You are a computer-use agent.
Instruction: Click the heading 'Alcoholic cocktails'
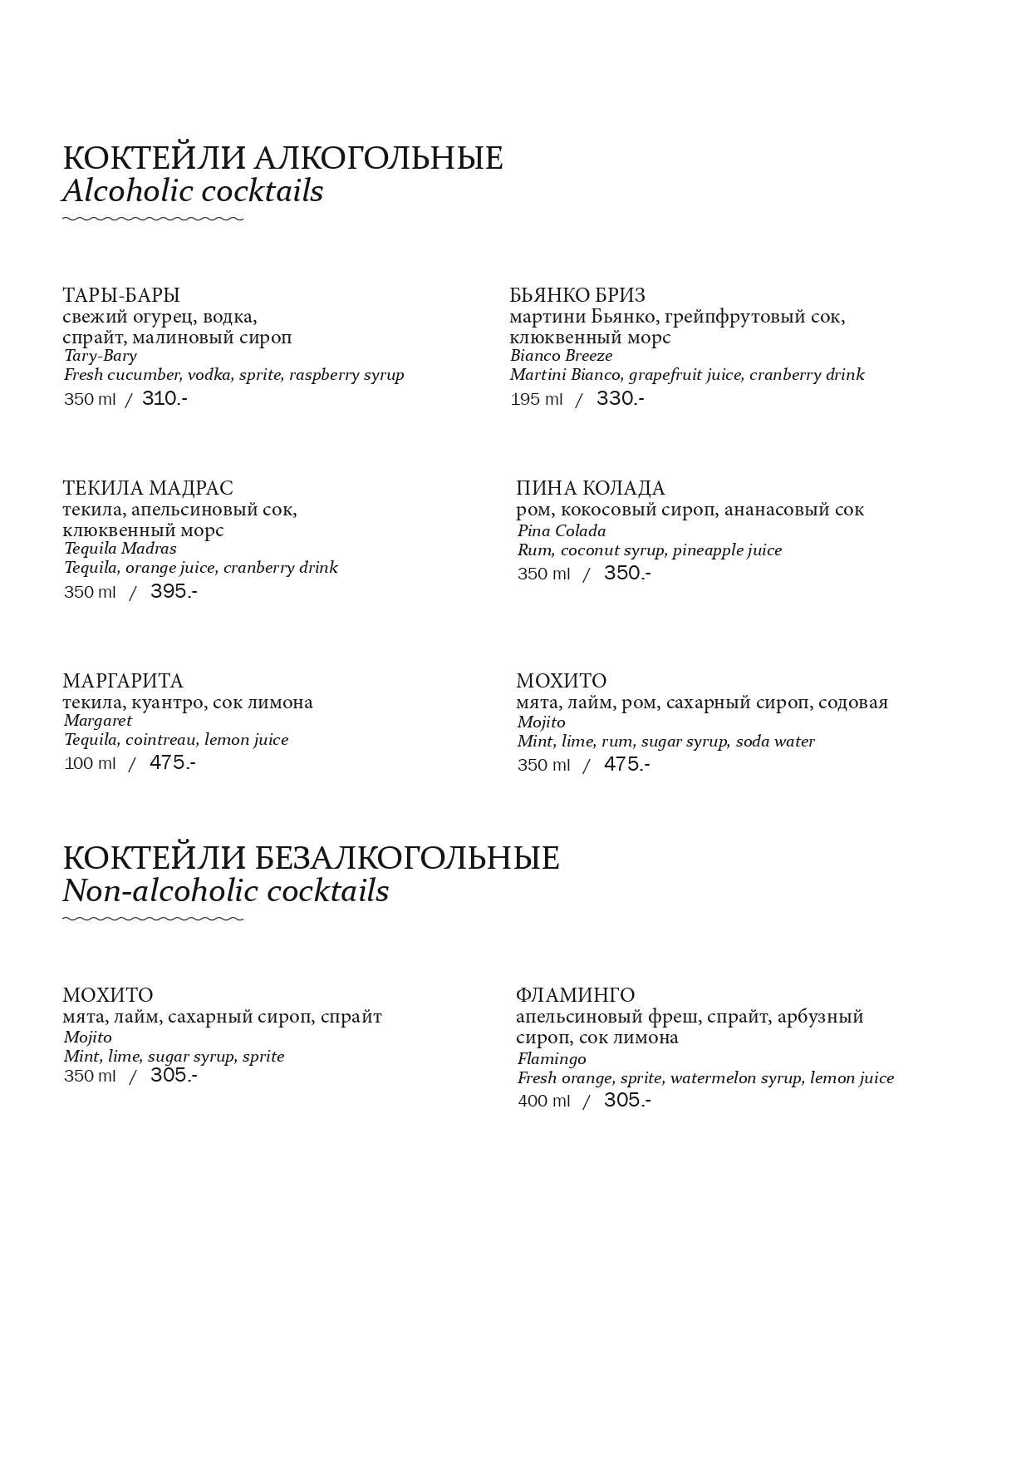pyautogui.click(x=192, y=191)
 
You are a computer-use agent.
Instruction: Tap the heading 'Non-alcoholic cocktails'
pyautogui.click(x=225, y=891)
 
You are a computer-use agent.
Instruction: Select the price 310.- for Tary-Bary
pyautogui.click(x=164, y=398)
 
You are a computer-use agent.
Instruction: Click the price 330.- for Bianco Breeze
pyautogui.click(x=620, y=398)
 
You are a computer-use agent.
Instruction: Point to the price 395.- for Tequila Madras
pyautogui.click(x=174, y=591)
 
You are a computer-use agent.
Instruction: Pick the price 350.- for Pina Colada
pyautogui.click(x=627, y=573)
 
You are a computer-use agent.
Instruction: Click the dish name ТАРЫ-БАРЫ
pyautogui.click(x=121, y=295)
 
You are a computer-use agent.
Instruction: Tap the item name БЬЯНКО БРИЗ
pyautogui.click(x=577, y=295)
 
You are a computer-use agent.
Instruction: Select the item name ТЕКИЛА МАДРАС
pyautogui.click(x=148, y=488)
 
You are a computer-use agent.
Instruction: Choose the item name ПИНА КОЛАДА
pyautogui.click(x=591, y=488)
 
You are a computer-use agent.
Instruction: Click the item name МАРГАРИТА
pyautogui.click(x=123, y=681)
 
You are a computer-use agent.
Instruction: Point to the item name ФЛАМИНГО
pyautogui.click(x=575, y=995)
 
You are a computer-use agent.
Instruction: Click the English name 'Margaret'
pyautogui.click(x=98, y=721)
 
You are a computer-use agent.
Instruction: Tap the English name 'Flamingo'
pyautogui.click(x=552, y=1059)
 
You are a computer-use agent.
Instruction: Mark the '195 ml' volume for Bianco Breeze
pyautogui.click(x=537, y=400)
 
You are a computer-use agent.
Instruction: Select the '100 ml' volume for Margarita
pyautogui.click(x=90, y=763)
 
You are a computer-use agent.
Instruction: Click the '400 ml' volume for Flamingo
pyautogui.click(x=544, y=1102)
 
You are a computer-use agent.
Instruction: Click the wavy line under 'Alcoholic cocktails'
pyautogui.click(x=153, y=219)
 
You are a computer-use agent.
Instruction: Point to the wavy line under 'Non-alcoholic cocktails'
pyautogui.click(x=153, y=919)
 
